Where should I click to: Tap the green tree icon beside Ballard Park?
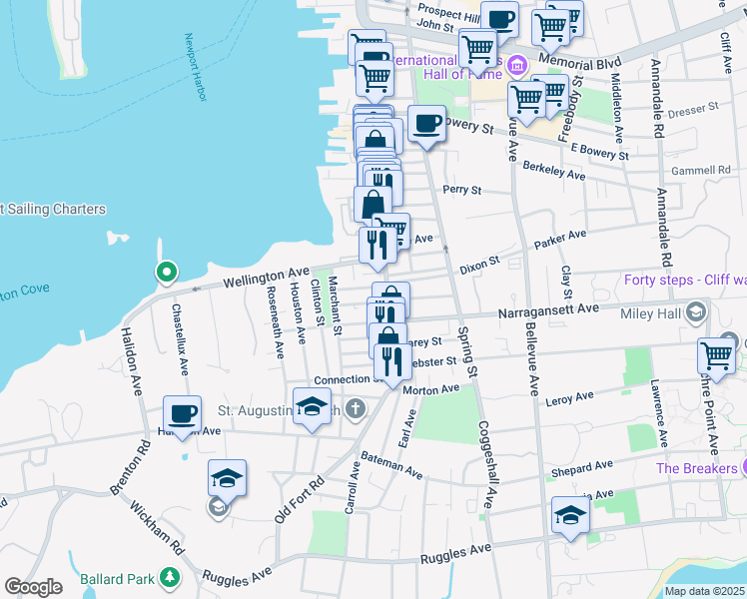click(171, 578)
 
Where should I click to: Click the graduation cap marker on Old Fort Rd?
click(227, 478)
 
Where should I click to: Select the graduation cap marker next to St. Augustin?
click(312, 406)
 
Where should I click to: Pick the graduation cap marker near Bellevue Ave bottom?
click(570, 515)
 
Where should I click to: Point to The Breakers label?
click(695, 468)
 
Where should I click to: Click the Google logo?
click(33, 586)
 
